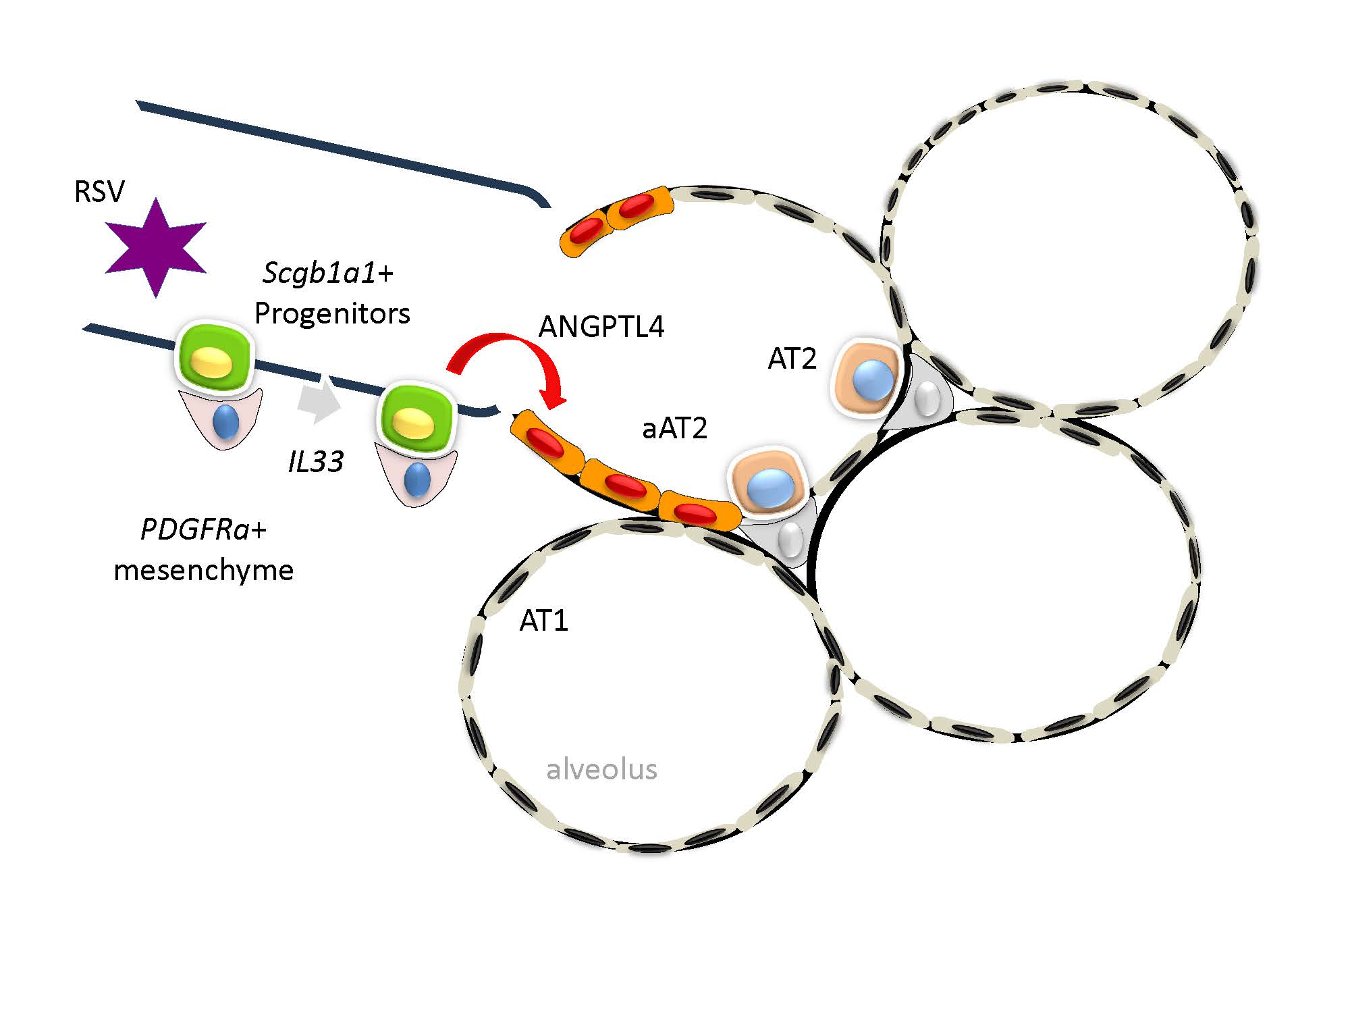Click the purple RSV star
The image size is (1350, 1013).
point(156,248)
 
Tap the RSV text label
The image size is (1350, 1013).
point(99,192)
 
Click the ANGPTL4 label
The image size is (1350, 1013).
point(601,327)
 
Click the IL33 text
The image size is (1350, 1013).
point(316,462)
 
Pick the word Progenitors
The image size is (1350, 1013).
point(332,313)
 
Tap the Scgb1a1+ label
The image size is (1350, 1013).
point(328,273)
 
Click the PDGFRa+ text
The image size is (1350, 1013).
point(203,529)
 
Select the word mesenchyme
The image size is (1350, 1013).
point(203,570)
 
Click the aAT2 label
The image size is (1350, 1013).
point(674,428)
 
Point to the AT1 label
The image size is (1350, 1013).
point(543,621)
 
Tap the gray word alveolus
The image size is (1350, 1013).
point(601,769)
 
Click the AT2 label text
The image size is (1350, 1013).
point(792,359)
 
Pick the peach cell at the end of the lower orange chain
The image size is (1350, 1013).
point(769,482)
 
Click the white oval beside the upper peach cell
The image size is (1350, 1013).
point(929,398)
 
